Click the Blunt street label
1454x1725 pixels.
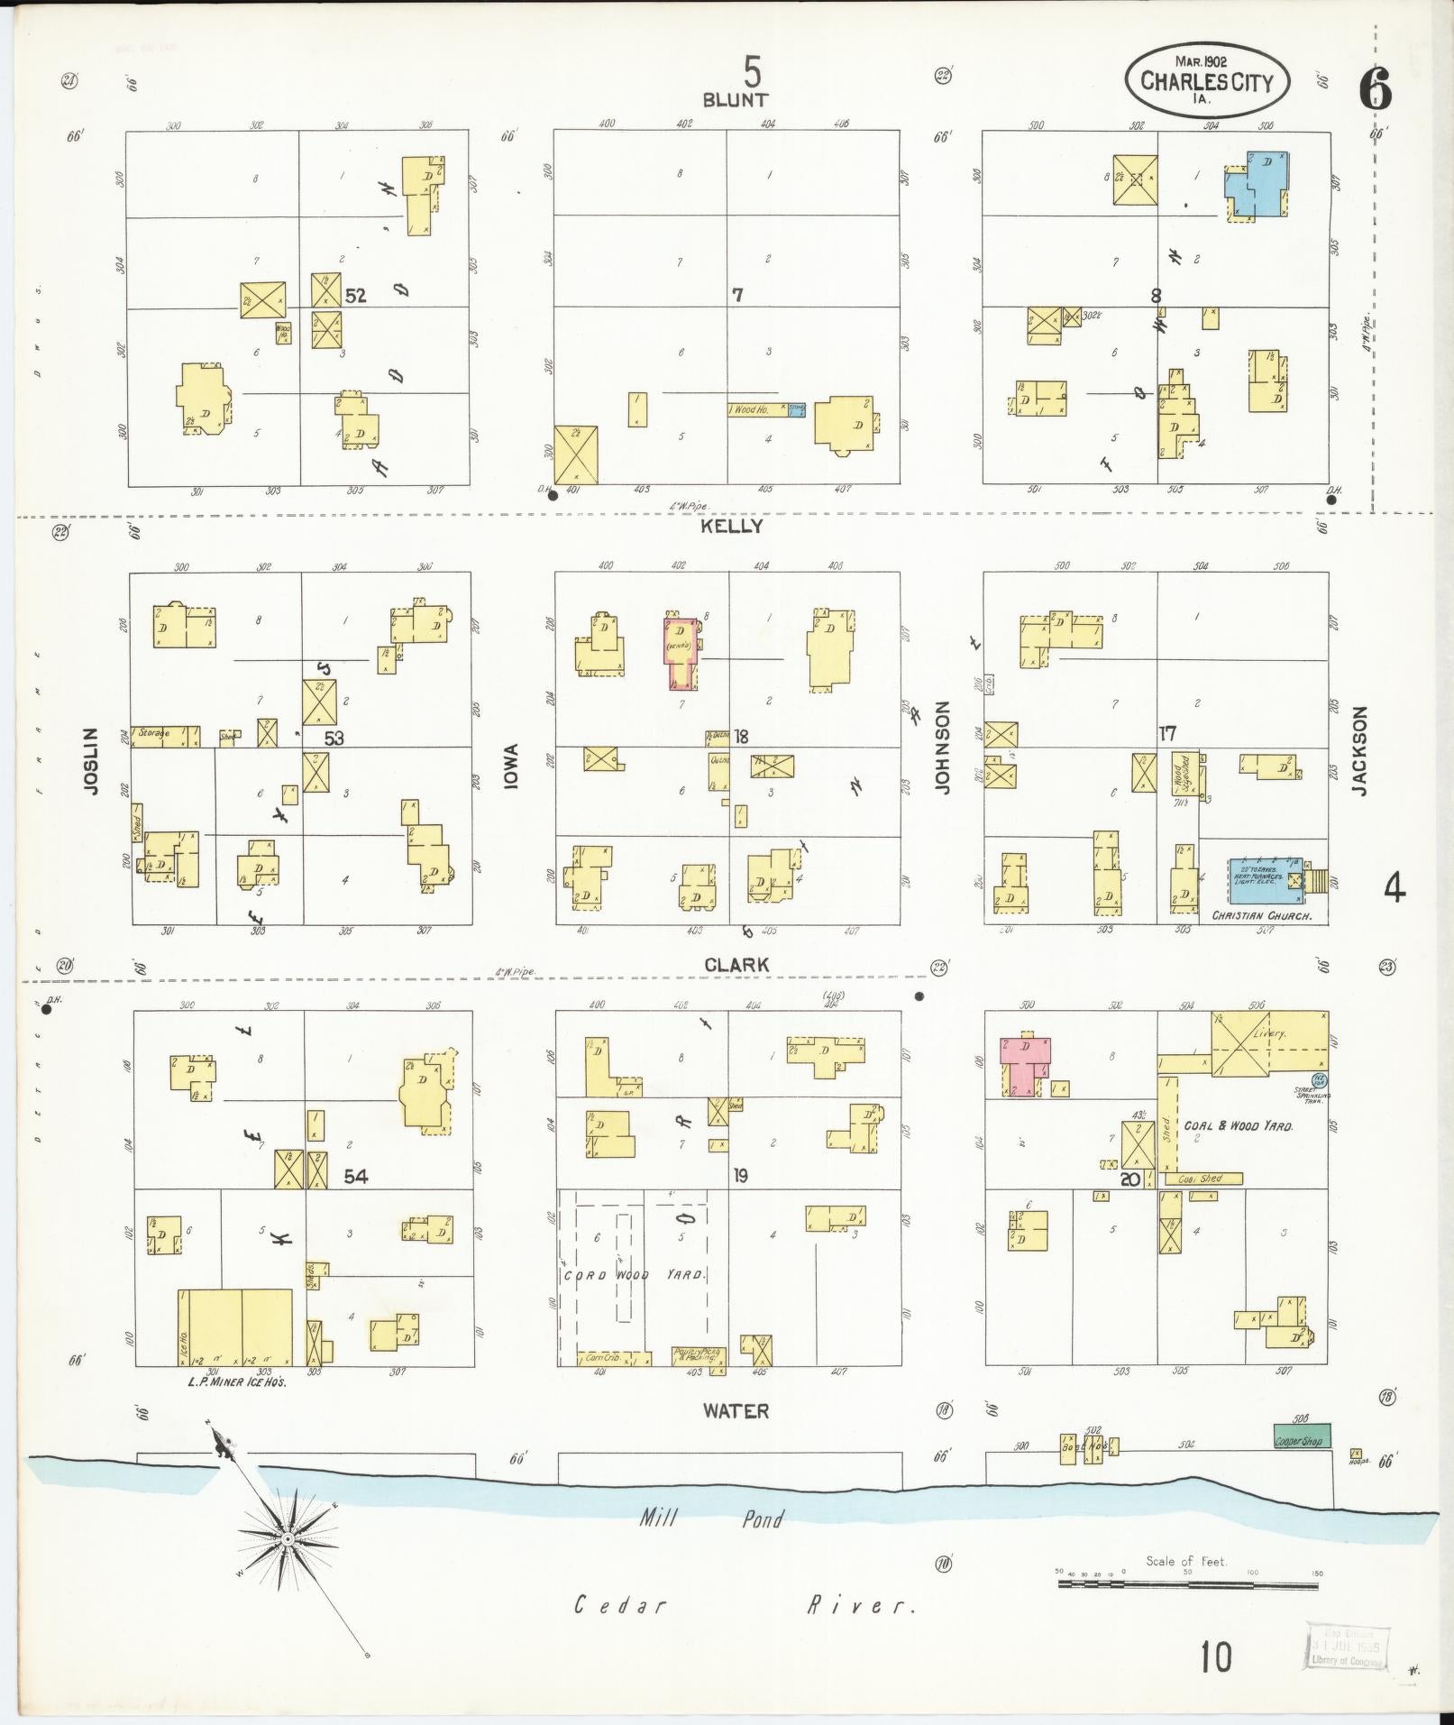735,99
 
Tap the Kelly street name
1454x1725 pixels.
732,526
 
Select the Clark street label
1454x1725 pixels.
736,965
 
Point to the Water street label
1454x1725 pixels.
736,1410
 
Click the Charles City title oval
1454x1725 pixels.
1206,83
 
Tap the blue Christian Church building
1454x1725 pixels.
1266,879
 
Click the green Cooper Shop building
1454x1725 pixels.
1301,1436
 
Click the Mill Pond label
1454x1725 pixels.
711,1519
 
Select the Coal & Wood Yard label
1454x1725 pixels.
1239,1126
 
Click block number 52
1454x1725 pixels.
356,295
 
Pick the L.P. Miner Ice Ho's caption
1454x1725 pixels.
237,1382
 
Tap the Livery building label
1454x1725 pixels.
1272,1035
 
